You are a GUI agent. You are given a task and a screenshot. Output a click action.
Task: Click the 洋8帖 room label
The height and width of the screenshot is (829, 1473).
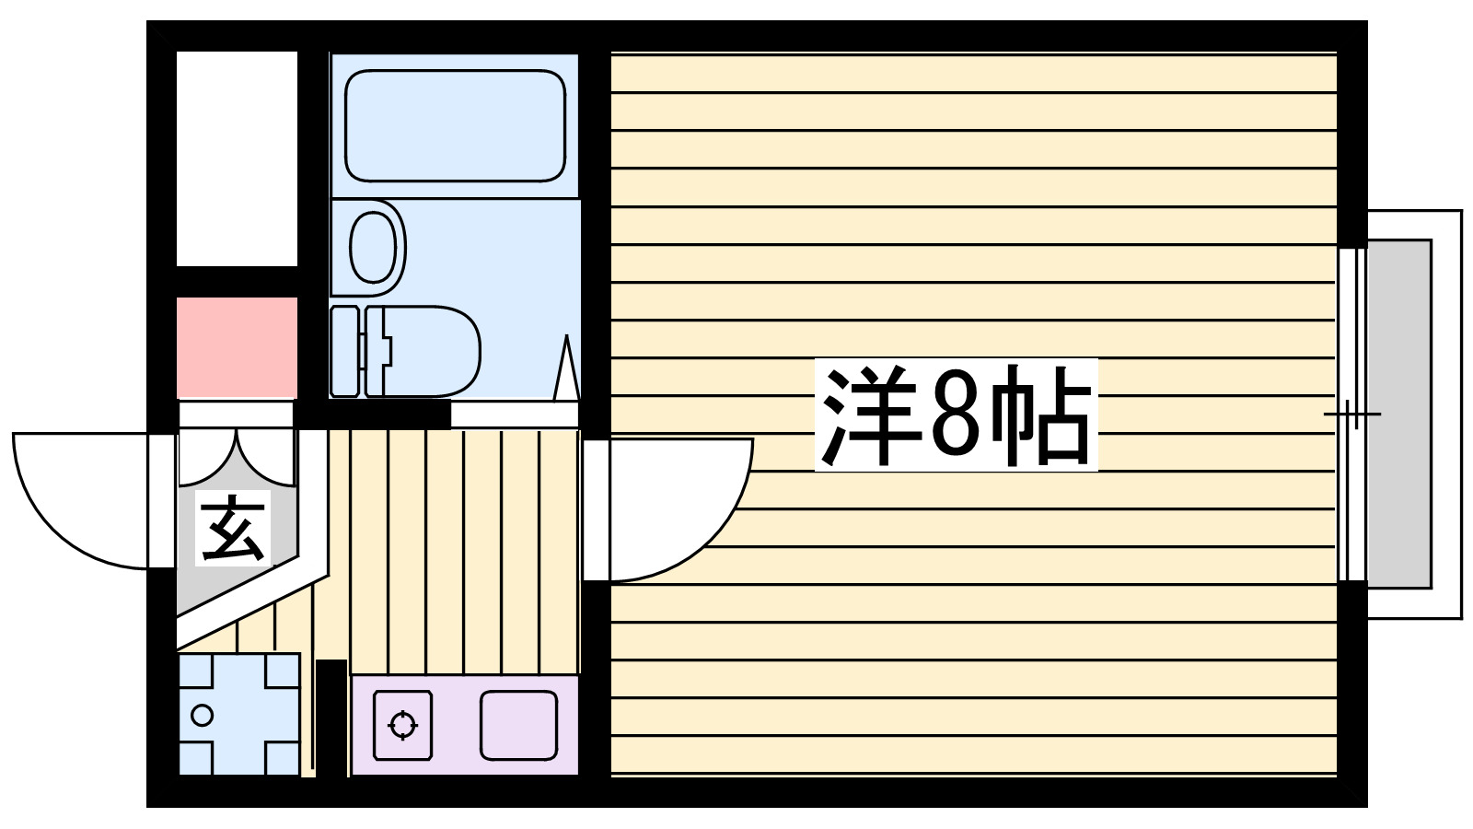956,415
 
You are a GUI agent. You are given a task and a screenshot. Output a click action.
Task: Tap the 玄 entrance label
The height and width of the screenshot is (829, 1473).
233,529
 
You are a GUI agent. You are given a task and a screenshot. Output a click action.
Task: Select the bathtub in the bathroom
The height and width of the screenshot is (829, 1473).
455,125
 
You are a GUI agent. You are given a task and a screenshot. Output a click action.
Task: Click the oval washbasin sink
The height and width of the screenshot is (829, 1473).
374,247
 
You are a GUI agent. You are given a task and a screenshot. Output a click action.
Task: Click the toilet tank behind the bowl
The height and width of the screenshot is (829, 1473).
344,352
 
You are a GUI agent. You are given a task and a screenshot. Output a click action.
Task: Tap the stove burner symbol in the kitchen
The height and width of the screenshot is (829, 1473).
402,725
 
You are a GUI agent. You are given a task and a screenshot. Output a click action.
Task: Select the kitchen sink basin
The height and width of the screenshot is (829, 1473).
518,725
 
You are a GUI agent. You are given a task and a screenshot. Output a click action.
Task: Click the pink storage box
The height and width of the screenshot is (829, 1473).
237,347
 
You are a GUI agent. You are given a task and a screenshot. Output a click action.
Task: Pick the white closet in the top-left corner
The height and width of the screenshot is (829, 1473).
237,158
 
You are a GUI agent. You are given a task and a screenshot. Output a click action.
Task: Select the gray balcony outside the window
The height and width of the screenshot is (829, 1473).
1398,414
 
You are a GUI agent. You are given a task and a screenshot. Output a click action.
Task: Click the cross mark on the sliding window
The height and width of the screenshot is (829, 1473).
1351,414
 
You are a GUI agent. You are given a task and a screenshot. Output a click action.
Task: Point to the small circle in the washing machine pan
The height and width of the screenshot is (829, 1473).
202,715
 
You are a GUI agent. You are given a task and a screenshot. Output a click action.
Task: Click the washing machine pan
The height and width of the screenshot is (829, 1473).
238,715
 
